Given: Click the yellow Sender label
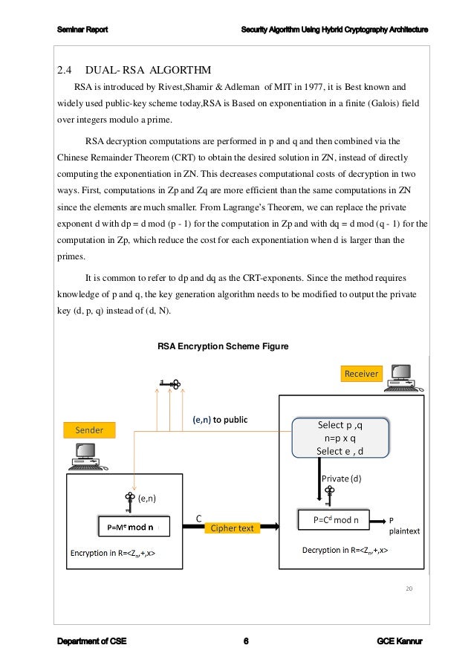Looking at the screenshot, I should click(x=88, y=430).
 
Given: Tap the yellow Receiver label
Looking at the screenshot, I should click(x=361, y=373).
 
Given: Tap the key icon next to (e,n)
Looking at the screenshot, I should click(x=129, y=499).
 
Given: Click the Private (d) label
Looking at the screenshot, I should click(x=341, y=479).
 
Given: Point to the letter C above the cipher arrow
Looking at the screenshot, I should click(x=198, y=517).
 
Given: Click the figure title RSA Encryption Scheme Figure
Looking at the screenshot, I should click(x=222, y=346).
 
